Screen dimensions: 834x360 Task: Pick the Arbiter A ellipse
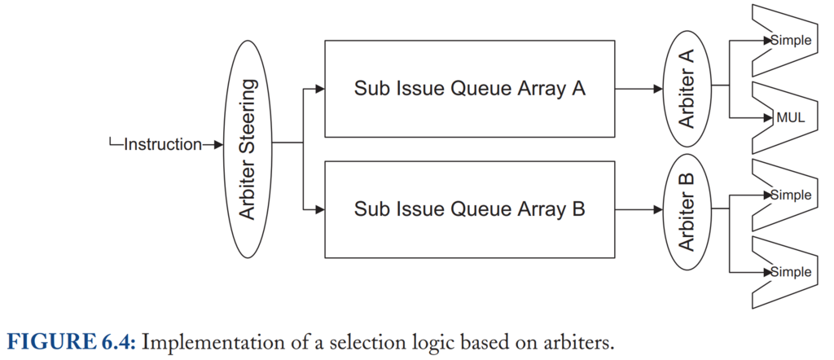click(687, 89)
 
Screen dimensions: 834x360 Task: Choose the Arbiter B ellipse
click(687, 212)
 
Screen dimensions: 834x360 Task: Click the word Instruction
click(163, 144)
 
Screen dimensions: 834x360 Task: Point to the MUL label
click(791, 118)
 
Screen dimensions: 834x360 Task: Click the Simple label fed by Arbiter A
click(792, 40)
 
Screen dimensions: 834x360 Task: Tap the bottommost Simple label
click(792, 272)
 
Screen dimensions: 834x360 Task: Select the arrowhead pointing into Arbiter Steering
click(218, 144)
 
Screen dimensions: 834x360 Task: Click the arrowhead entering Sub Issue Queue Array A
click(319, 89)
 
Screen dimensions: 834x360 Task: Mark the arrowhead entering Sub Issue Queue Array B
click(319, 209)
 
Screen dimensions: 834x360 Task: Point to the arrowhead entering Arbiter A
click(658, 89)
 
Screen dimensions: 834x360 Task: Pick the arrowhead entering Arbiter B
click(658, 209)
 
